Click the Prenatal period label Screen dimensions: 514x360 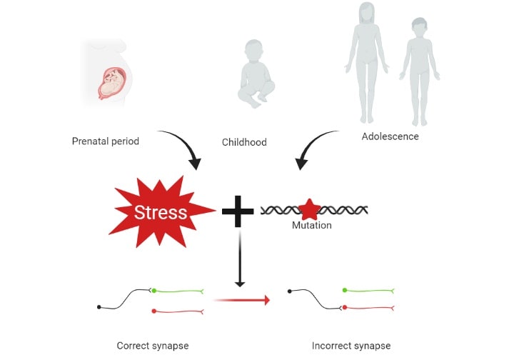click(x=106, y=141)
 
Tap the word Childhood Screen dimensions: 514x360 click(x=244, y=142)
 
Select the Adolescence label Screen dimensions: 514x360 click(x=390, y=136)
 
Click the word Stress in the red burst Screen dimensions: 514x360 click(x=161, y=212)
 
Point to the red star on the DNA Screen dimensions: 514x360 click(x=309, y=210)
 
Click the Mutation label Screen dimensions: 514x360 click(x=312, y=225)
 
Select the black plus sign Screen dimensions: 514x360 click(x=238, y=211)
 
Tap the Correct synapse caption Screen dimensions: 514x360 click(x=153, y=346)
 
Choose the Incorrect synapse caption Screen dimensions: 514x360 click(x=351, y=346)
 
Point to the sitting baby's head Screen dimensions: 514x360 click(x=253, y=51)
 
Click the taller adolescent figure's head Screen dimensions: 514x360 click(x=366, y=13)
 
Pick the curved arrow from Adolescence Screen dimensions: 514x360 click(x=311, y=144)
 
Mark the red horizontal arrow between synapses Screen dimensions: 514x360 click(x=242, y=300)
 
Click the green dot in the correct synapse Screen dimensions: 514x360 click(x=154, y=291)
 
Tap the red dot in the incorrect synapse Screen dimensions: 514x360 click(x=345, y=308)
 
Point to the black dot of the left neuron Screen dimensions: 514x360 click(x=99, y=307)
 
